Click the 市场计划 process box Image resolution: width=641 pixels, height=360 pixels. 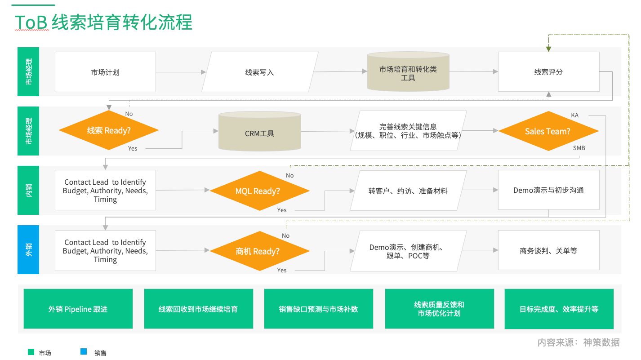coord(105,72)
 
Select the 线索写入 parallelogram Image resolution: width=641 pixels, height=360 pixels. coord(259,72)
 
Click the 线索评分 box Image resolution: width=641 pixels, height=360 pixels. coord(548,72)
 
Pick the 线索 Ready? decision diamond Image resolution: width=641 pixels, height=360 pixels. coord(108,131)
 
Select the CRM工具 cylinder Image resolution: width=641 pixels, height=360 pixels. coord(259,133)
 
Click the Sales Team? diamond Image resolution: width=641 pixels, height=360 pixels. coord(548,131)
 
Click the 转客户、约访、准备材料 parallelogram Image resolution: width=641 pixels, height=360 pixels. coord(408,191)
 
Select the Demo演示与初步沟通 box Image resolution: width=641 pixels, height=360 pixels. coord(548,190)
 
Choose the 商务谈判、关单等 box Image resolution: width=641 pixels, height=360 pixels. coord(548,251)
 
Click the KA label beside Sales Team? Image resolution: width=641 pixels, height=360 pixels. coord(574,116)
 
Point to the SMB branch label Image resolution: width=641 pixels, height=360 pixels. coord(579,148)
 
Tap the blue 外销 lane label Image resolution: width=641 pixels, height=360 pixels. coord(28,249)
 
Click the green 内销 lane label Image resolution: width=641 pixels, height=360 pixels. coord(28,190)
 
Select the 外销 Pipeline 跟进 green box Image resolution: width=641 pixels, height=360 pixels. coord(78,309)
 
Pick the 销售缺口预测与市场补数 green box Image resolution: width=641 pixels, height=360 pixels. coord(318,309)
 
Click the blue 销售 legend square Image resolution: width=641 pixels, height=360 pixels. coord(83,352)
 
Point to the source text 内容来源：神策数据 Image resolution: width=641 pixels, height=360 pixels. coord(578,342)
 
